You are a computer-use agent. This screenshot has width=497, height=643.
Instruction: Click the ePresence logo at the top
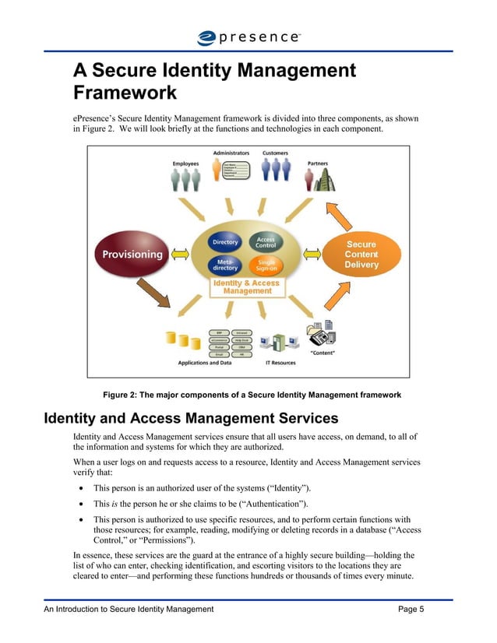click(248, 36)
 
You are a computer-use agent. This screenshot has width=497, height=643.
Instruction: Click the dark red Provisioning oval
click(129, 254)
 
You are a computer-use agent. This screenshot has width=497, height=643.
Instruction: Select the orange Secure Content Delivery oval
click(361, 255)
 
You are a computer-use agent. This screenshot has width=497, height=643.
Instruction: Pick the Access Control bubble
click(266, 243)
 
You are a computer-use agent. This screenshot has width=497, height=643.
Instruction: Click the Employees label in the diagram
click(185, 163)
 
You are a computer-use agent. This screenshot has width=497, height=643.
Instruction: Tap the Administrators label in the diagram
click(231, 153)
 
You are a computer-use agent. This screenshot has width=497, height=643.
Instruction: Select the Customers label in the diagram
click(276, 153)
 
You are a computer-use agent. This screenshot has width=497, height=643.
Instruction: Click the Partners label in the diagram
click(318, 163)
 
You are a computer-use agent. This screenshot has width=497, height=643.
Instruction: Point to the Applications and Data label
click(204, 363)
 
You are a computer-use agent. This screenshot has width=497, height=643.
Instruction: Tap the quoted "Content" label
click(323, 353)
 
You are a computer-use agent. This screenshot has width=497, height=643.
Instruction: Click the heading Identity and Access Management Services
click(191, 418)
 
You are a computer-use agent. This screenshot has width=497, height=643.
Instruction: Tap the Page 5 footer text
click(411, 610)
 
